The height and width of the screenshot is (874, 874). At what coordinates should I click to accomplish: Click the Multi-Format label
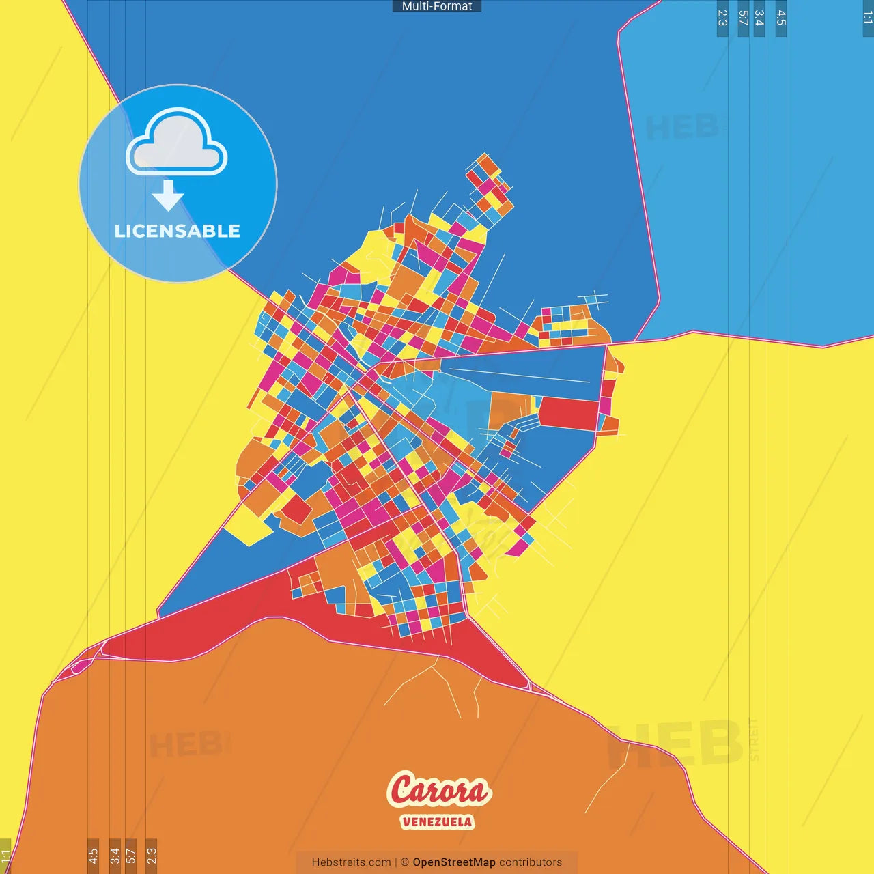tap(437, 6)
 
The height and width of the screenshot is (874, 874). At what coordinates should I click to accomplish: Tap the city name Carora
tap(438, 791)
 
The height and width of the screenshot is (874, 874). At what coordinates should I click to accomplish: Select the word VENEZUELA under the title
tap(437, 821)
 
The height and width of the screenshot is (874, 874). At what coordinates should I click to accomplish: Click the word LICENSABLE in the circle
tap(178, 231)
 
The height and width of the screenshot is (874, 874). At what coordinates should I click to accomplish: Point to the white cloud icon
tap(177, 143)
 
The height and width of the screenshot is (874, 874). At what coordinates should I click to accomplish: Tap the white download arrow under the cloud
tap(168, 196)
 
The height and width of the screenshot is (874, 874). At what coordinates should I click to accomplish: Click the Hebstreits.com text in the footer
tap(351, 862)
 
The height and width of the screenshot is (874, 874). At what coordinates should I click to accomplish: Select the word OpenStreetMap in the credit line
tap(453, 862)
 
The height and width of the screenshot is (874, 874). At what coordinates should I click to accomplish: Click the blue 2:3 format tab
tap(722, 18)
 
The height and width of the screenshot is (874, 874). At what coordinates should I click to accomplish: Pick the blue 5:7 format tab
tap(744, 18)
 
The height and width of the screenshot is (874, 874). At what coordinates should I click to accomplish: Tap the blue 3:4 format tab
tap(759, 18)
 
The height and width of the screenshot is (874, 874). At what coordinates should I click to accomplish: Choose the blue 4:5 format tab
tap(781, 18)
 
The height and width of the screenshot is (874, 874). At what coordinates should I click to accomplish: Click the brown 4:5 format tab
tap(93, 856)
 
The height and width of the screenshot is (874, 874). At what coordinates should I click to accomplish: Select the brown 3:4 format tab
tap(115, 856)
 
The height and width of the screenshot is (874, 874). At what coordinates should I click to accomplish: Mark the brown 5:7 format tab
tap(130, 856)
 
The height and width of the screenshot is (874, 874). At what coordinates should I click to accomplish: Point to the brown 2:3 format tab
tap(152, 856)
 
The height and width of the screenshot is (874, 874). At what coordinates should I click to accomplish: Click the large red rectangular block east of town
tap(569, 413)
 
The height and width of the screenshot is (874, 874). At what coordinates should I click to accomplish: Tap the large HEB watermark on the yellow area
tap(676, 744)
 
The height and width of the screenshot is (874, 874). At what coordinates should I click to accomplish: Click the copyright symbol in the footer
tap(405, 862)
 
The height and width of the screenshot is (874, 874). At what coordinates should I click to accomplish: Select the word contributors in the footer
tap(530, 862)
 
